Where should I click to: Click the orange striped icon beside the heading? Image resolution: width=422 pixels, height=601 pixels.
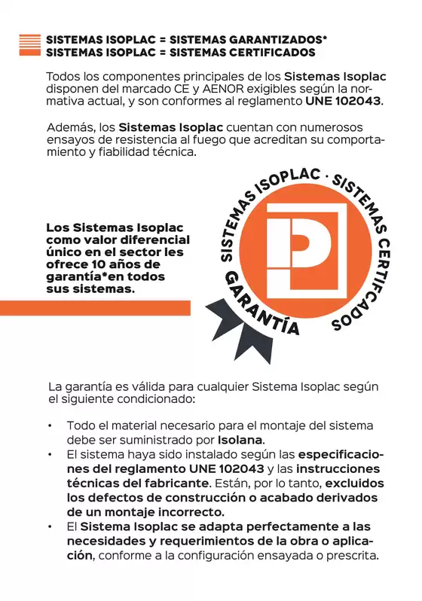(29, 45)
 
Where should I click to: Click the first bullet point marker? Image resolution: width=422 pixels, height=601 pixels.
(49, 426)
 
